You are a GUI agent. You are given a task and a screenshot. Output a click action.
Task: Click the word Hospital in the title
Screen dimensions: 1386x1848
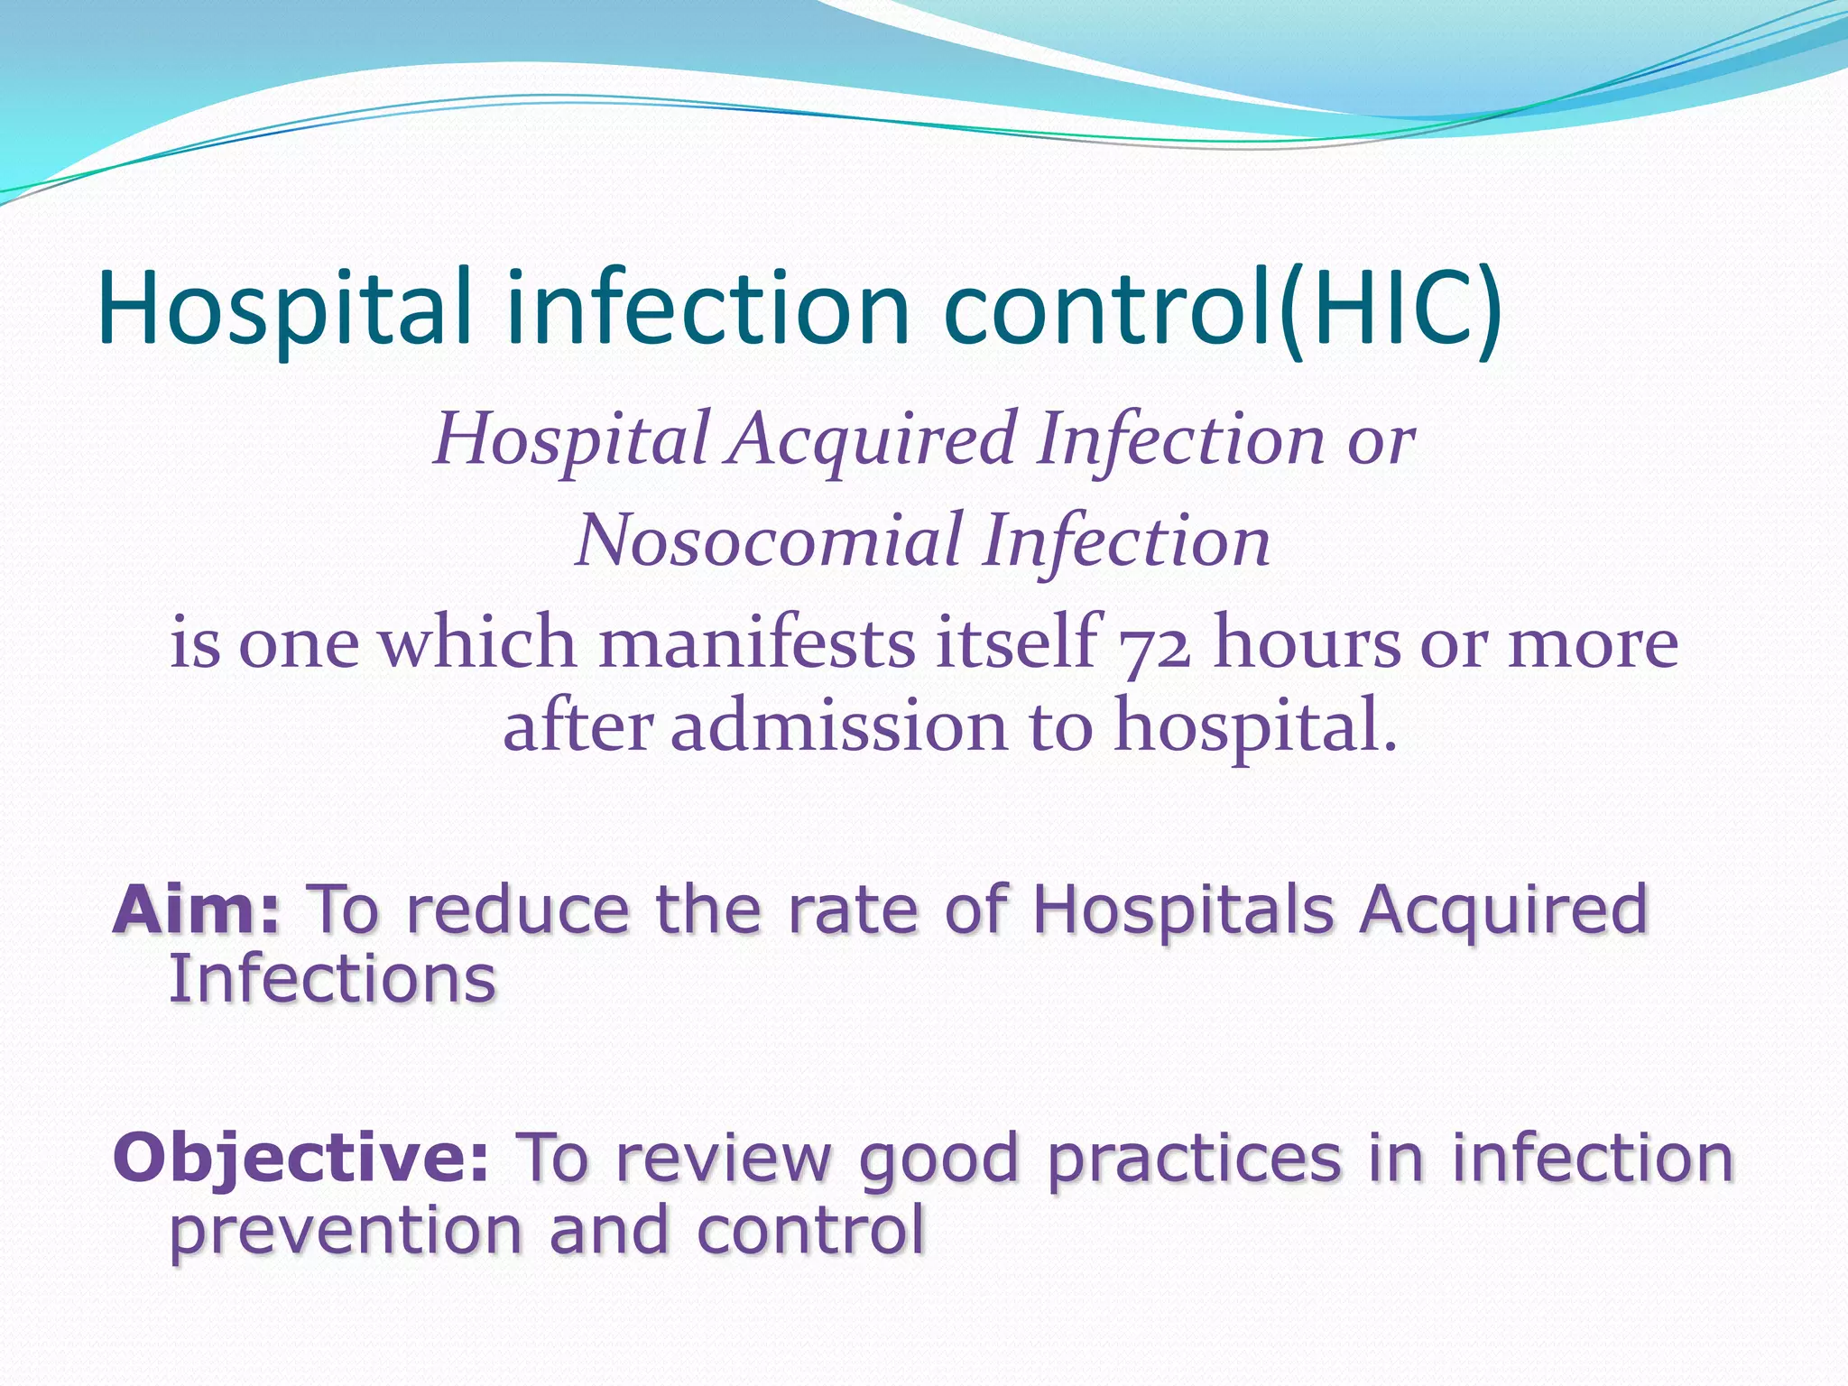[285, 310]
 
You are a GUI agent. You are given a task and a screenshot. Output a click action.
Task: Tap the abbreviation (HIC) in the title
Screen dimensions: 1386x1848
[1391, 310]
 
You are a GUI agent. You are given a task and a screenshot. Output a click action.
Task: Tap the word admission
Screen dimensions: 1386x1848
[838, 727]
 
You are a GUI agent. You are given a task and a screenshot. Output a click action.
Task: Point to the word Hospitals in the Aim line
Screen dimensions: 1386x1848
[1183, 910]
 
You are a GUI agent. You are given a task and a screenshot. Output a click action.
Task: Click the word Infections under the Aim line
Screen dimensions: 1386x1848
[333, 979]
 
